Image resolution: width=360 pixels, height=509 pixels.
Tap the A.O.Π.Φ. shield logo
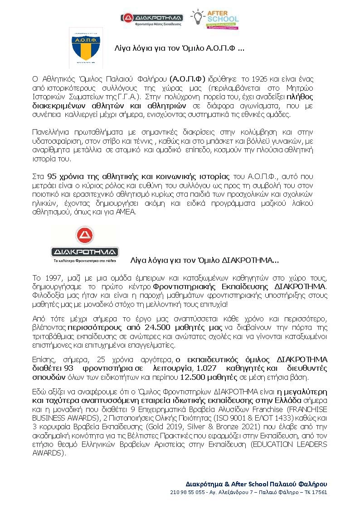pos(85,47)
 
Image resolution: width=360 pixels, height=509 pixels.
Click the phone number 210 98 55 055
pos(187,492)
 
